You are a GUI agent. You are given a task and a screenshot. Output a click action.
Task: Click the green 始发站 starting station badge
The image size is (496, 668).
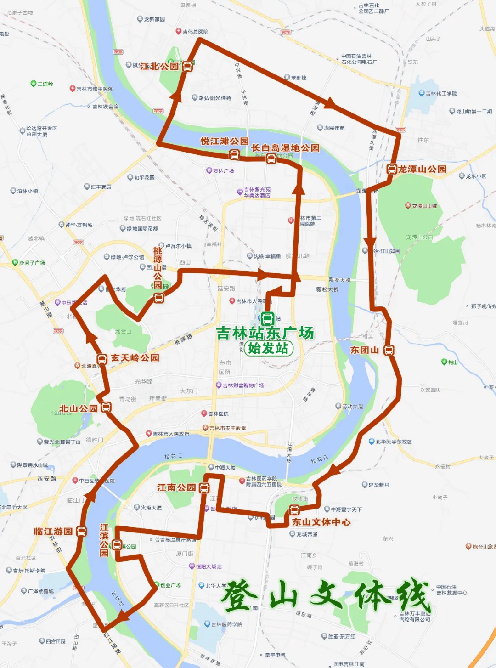pos(268,348)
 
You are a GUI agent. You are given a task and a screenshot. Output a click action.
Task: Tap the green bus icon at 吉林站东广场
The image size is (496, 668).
pos(267,318)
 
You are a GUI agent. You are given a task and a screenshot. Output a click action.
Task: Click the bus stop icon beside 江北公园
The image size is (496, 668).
pos(187,66)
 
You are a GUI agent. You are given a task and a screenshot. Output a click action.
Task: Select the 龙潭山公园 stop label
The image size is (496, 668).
pos(422,169)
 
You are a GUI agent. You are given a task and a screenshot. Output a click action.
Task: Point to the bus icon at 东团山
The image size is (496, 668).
pos(389,350)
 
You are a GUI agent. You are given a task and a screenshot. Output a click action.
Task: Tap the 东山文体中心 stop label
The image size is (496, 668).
pos(321,522)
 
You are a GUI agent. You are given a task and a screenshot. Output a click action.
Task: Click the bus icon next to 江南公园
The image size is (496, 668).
pos(204,487)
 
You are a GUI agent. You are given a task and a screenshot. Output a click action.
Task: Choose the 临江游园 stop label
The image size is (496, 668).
pos(53,531)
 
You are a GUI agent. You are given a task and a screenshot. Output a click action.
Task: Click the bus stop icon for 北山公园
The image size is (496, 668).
pos(106,407)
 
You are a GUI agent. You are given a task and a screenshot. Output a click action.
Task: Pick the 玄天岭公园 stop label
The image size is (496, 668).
pos(135,357)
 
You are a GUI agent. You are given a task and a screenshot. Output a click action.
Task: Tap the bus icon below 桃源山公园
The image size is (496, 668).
pos(158,298)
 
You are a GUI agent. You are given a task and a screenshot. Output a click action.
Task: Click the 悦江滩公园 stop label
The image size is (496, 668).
pos(225,141)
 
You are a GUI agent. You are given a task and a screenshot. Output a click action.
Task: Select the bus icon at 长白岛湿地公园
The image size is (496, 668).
pos(271,159)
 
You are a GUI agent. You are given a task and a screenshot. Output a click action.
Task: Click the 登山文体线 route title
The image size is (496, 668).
pos(327,595)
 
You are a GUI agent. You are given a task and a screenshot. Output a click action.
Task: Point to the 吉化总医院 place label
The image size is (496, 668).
pos(195,32)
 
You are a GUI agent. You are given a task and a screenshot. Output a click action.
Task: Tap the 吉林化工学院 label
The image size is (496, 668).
pos(441,93)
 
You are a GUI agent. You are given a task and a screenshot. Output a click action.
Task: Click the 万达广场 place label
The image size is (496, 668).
pos(223,171)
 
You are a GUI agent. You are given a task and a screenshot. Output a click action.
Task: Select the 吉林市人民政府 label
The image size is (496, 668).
pos(170,434)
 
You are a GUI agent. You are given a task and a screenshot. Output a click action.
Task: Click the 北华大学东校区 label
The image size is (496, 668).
pos(394,442)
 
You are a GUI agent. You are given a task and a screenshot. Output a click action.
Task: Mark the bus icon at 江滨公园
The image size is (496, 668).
pos(117,545)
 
